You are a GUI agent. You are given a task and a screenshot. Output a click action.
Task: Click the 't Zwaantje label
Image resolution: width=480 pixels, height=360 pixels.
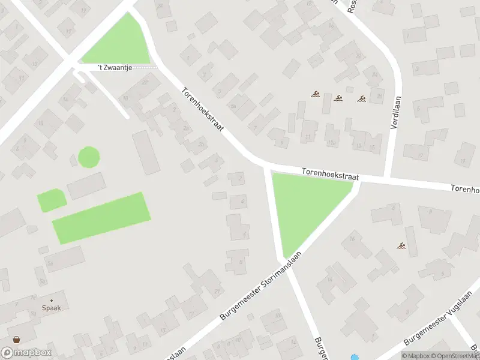115,68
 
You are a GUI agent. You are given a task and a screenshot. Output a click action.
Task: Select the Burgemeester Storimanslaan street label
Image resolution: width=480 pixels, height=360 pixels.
260,285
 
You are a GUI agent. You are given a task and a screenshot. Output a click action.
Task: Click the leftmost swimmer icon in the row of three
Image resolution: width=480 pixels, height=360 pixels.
315,94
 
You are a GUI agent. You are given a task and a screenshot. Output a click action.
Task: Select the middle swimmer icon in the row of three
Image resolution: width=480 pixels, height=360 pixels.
338,97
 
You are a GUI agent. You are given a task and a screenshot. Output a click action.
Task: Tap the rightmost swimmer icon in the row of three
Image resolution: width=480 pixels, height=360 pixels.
361,98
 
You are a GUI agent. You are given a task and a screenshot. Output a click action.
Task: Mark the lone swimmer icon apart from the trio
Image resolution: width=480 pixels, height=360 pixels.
401,245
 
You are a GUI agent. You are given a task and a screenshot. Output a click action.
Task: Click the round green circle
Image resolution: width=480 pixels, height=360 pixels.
89,157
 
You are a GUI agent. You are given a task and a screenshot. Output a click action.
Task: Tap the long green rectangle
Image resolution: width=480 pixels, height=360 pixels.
101,218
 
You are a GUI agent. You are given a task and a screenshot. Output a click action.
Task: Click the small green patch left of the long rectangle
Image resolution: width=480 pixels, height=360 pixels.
51,200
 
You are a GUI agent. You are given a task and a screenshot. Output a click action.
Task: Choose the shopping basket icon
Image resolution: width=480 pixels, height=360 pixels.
16,340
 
